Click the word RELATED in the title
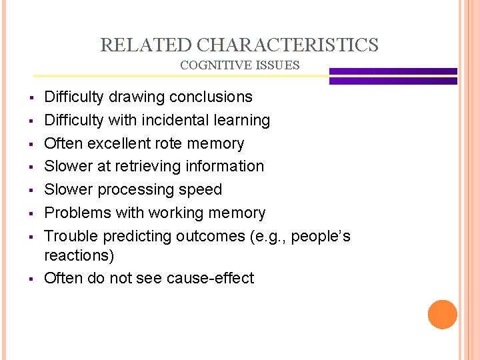pyautogui.click(x=146, y=45)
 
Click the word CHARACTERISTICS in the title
pyautogui.click(x=288, y=45)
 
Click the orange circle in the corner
pyautogui.click(x=442, y=314)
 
